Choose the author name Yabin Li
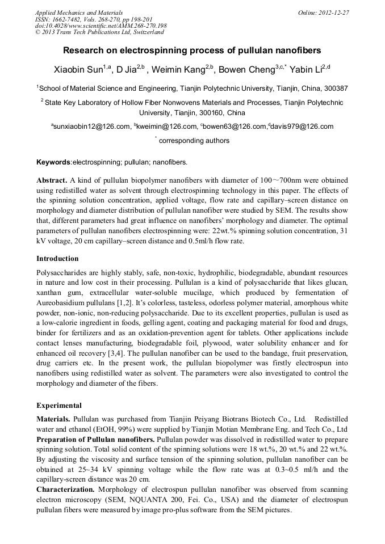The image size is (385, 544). tap(309, 70)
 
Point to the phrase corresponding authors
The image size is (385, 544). tap(194, 141)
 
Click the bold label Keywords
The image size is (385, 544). tap(53, 162)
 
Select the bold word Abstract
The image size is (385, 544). tap(52, 180)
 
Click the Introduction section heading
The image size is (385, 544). tap(57, 259)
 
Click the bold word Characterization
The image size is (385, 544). tap(65, 489)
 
